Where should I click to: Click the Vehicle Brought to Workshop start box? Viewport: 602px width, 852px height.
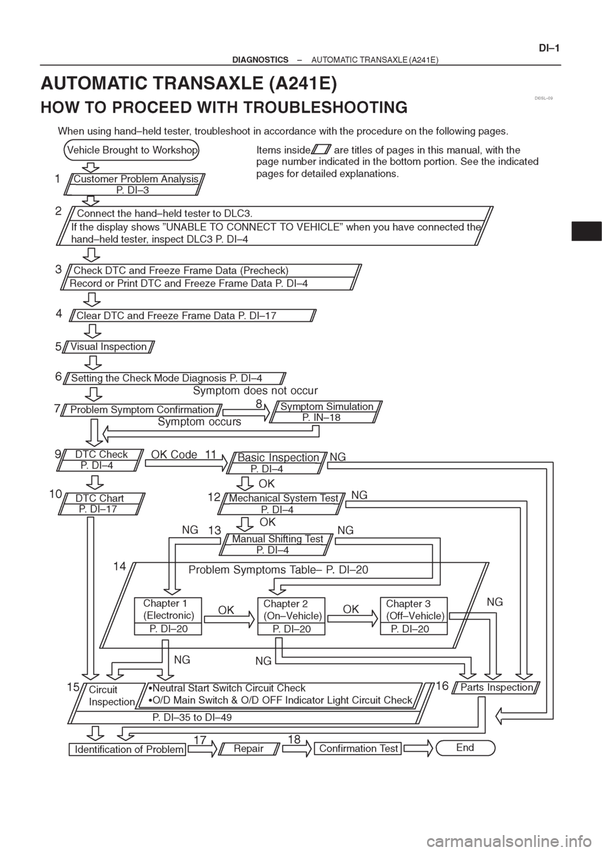pyautogui.click(x=132, y=150)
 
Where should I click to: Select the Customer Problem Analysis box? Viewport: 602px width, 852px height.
pyautogui.click(x=135, y=184)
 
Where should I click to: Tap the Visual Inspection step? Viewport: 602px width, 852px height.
pyautogui.click(x=108, y=347)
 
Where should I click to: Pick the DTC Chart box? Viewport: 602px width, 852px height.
pyautogui.click(x=102, y=504)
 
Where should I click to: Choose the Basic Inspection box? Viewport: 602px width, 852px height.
pyautogui.click(x=277, y=463)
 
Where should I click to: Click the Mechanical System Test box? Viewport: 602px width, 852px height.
pyautogui.click(x=283, y=504)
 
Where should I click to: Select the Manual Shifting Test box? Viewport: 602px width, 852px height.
pyautogui.click(x=277, y=545)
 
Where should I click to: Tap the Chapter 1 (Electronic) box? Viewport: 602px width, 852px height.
pyautogui.click(x=168, y=616)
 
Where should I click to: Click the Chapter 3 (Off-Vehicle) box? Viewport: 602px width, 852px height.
pyautogui.click(x=414, y=616)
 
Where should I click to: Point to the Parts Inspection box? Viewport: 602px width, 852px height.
pyautogui.click(x=497, y=687)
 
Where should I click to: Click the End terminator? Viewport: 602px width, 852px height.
pyautogui.click(x=465, y=747)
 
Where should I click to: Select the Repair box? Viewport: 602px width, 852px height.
pyautogui.click(x=248, y=748)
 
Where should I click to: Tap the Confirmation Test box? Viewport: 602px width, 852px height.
pyautogui.click(x=358, y=748)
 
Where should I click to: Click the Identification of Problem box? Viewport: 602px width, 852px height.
pyautogui.click(x=127, y=749)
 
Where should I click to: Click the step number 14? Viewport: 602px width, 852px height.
pyautogui.click(x=119, y=567)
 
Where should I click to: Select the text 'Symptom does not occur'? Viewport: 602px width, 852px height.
pyautogui.click(x=255, y=391)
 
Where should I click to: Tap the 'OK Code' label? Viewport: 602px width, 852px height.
pyautogui.click(x=174, y=454)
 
